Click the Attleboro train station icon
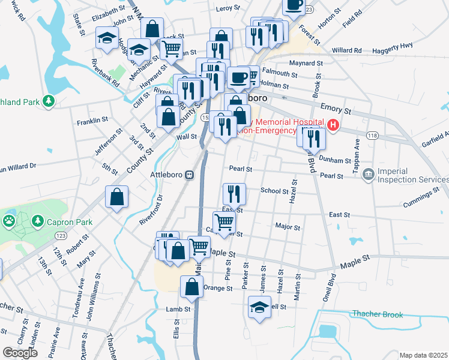point(189,175)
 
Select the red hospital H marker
point(332,126)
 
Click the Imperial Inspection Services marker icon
point(367,174)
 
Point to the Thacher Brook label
point(377,314)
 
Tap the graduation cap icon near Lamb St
point(259,307)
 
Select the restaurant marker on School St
point(232,193)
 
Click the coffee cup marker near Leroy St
point(293,5)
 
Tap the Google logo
point(20,352)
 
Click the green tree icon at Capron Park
point(38,222)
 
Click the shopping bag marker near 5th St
point(116,196)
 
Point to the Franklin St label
point(92,121)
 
